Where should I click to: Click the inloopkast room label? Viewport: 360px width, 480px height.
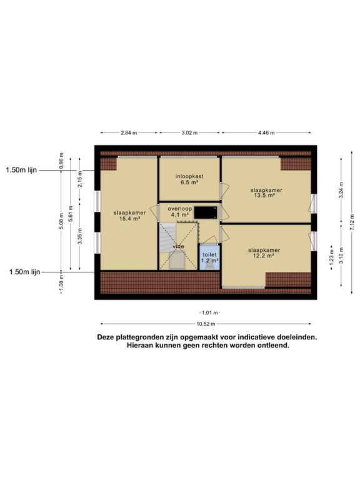click(x=189, y=179)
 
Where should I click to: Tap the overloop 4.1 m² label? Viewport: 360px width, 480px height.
click(x=180, y=211)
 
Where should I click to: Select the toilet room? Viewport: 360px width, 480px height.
click(x=209, y=257)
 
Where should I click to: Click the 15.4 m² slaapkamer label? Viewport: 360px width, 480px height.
click(x=129, y=216)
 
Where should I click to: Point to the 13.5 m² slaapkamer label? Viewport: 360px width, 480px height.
click(x=266, y=192)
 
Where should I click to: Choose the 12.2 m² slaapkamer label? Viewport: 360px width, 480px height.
click(x=264, y=253)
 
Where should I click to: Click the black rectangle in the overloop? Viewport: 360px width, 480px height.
click(x=206, y=212)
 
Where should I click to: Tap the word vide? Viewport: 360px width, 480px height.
click(x=178, y=246)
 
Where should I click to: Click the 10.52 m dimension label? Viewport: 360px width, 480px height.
click(x=206, y=324)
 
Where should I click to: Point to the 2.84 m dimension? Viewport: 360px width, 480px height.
click(x=129, y=133)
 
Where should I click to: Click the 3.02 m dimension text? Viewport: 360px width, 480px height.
click(x=189, y=133)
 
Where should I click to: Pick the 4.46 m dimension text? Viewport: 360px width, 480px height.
click(x=266, y=133)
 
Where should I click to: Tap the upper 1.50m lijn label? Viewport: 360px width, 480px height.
click(x=21, y=170)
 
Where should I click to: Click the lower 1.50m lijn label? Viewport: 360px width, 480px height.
click(x=24, y=272)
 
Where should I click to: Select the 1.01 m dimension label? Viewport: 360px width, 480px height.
click(x=210, y=313)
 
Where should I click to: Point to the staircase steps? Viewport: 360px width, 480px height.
click(x=167, y=237)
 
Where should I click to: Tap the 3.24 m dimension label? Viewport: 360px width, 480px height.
click(x=341, y=190)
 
